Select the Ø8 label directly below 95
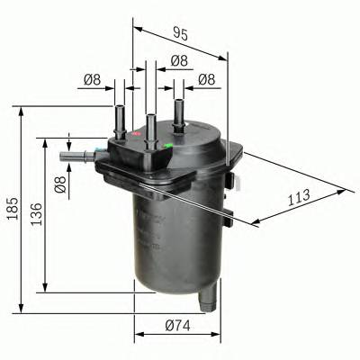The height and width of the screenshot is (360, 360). coord(178,61)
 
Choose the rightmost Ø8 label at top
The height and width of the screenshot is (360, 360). coord(206,80)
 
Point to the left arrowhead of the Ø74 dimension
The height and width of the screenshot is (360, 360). coord(138,334)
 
